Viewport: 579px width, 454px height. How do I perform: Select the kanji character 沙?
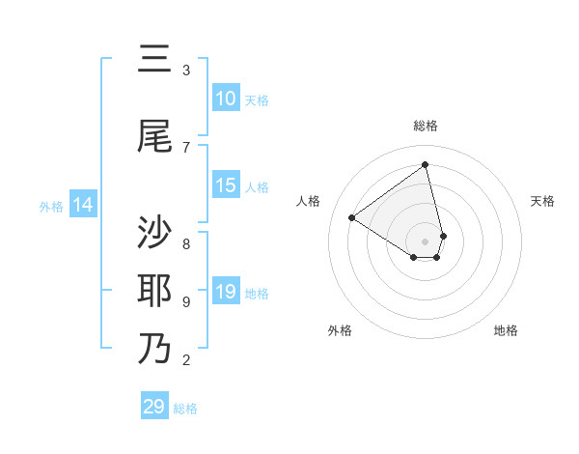(x=154, y=233)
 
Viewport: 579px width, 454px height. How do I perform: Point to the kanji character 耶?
(x=154, y=291)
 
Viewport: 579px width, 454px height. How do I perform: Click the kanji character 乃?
(x=154, y=348)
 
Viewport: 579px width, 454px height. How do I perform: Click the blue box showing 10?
(x=226, y=99)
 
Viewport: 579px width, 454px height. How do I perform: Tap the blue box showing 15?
(x=226, y=185)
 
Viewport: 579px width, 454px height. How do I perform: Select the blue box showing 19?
(x=226, y=292)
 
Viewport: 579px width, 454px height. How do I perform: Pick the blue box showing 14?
(x=83, y=205)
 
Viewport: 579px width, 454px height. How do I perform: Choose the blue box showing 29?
(x=154, y=407)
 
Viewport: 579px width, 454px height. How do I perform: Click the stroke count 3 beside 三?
(x=186, y=71)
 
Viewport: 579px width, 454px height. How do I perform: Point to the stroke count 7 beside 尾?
(x=186, y=147)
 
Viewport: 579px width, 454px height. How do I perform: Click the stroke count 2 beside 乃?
(x=186, y=360)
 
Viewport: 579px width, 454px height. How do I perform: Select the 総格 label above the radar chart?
(x=426, y=126)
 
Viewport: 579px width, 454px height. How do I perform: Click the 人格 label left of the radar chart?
(x=309, y=201)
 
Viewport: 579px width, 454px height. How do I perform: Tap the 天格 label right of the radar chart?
(x=542, y=201)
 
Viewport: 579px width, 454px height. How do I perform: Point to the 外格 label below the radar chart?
(x=340, y=330)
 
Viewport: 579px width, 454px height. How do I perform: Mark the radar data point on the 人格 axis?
(x=351, y=218)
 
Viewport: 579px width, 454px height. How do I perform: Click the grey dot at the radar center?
(x=426, y=241)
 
